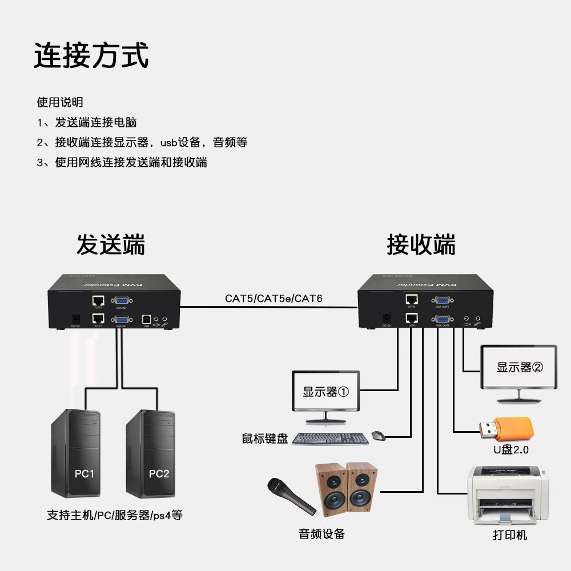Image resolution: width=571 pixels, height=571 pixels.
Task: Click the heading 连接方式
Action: (x=91, y=56)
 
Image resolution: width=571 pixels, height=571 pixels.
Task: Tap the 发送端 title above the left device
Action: (x=111, y=244)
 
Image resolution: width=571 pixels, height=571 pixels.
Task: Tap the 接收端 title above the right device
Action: (x=421, y=244)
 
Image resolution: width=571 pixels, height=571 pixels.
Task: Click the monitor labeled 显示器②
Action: (x=518, y=367)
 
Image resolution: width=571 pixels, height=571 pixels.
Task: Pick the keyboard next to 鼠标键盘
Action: (x=330, y=439)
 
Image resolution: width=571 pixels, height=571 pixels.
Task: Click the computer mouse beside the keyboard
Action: (x=378, y=436)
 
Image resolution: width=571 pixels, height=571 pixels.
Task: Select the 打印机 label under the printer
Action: (x=510, y=536)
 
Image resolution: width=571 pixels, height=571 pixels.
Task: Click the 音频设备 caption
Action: (x=321, y=534)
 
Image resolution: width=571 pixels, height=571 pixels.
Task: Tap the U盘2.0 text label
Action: (x=511, y=450)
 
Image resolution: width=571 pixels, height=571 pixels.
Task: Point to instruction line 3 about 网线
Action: (x=122, y=162)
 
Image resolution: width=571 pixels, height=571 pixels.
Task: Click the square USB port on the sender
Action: (x=146, y=319)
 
